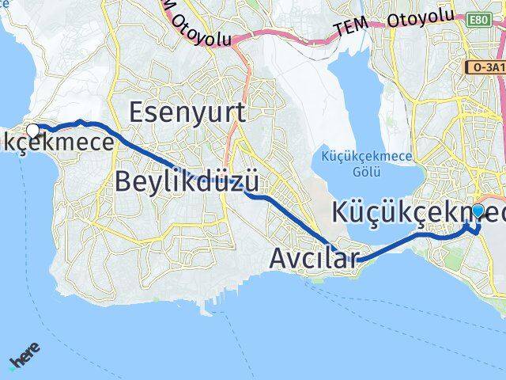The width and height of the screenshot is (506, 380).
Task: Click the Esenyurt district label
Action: [x=187, y=112]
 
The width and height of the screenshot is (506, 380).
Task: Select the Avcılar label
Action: [x=314, y=258]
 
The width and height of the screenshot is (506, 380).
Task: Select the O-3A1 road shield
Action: [x=487, y=68]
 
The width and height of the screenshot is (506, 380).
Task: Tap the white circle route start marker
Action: [x=32, y=130]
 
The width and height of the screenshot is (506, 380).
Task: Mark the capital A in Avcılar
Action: [x=280, y=258]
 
